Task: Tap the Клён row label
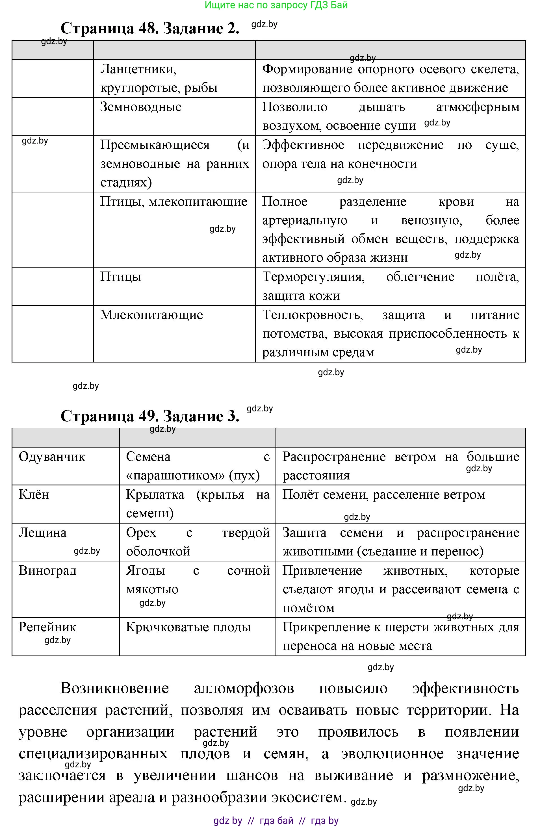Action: pos(34,494)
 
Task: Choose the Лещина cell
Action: pos(43,533)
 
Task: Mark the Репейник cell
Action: pos(47,627)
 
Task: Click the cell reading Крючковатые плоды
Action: pos(188,627)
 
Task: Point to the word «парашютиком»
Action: pos(175,476)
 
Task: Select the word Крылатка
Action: pos(155,494)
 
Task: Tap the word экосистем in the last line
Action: pos(307,797)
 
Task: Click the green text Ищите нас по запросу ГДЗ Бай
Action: pos(276,5)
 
